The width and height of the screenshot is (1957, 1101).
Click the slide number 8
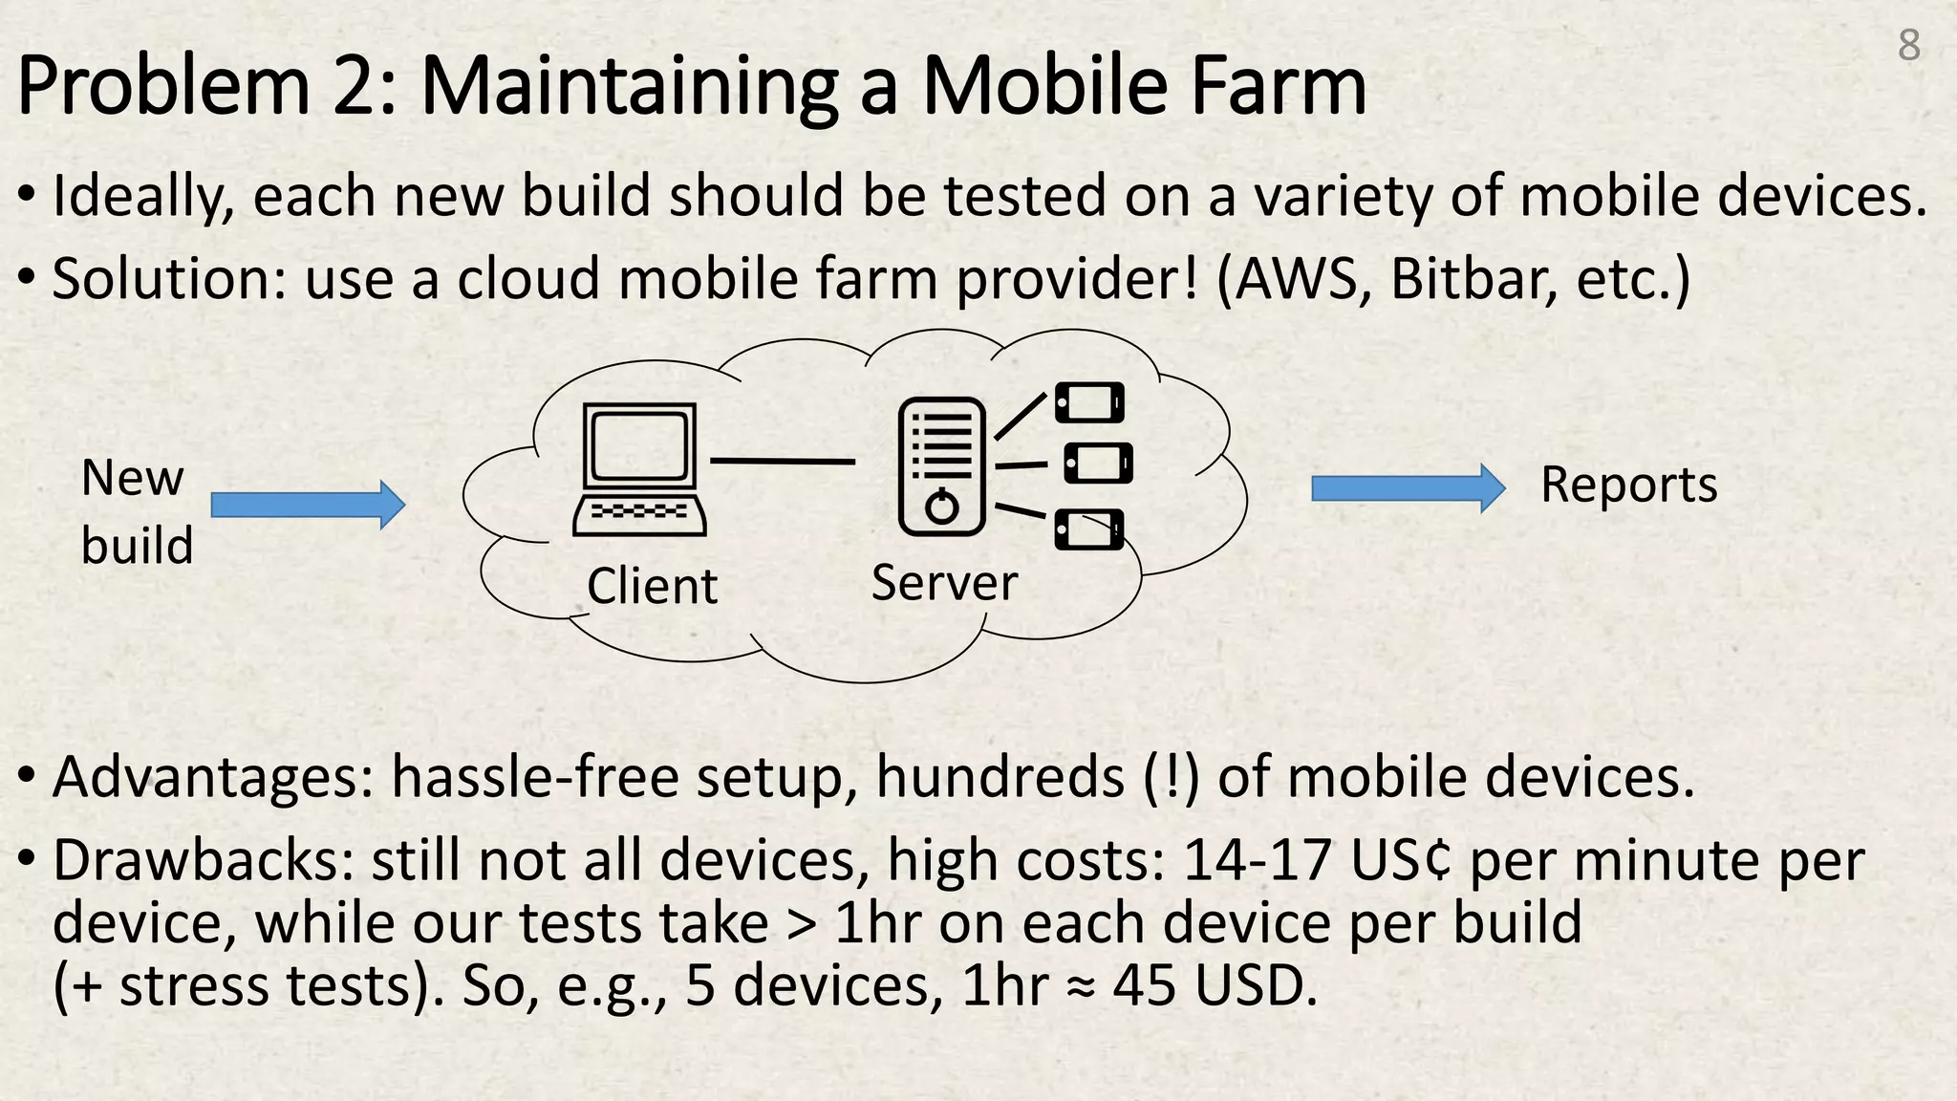tap(1908, 45)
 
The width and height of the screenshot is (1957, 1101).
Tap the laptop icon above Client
tap(639, 468)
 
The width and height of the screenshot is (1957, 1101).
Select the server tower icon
tap(941, 465)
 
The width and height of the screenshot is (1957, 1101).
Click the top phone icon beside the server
tap(1089, 402)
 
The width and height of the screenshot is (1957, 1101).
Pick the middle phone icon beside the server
tap(1098, 464)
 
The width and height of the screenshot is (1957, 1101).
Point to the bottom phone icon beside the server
tap(1089, 529)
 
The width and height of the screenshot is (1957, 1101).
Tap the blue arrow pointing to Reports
tap(1408, 488)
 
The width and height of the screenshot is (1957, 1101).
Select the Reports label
tap(1628, 485)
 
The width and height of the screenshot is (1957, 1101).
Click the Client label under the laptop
tap(652, 586)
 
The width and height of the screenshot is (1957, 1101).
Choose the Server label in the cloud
tap(944, 582)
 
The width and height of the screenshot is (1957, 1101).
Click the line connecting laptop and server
tap(782, 462)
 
